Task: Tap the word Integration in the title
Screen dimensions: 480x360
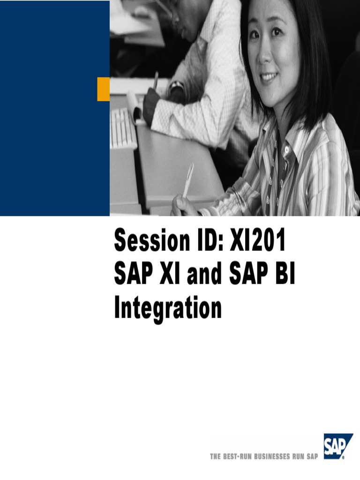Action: point(167,310)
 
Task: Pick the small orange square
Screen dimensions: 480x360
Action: point(103,90)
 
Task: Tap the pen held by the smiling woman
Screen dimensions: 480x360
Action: point(188,180)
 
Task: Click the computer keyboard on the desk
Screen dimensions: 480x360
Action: point(123,128)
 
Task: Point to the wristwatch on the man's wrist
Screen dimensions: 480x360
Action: point(177,87)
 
